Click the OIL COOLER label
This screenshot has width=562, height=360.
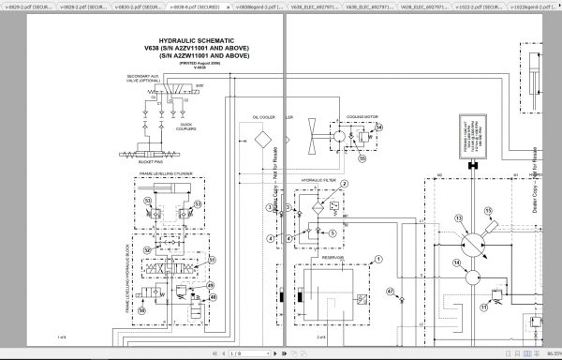click(262, 117)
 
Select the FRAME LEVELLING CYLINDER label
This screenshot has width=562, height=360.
click(166, 173)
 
